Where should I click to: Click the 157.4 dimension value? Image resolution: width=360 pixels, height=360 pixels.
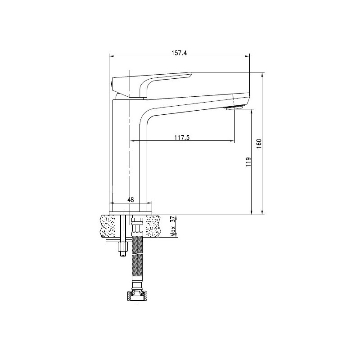(x=179, y=53)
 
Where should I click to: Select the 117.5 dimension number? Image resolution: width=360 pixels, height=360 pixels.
(x=182, y=138)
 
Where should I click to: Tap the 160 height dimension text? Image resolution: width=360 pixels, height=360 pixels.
(x=259, y=144)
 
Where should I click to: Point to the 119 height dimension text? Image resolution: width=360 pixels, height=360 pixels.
(x=248, y=162)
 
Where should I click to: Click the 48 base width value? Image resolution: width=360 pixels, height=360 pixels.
(x=130, y=200)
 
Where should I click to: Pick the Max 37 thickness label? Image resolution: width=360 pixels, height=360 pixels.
(x=173, y=226)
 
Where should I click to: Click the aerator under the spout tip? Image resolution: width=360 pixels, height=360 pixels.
(x=234, y=108)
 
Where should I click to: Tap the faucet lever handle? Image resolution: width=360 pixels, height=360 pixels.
(x=152, y=85)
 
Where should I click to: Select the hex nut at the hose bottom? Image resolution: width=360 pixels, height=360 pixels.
(x=137, y=296)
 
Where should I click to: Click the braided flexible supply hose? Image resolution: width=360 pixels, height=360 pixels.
(x=137, y=260)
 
